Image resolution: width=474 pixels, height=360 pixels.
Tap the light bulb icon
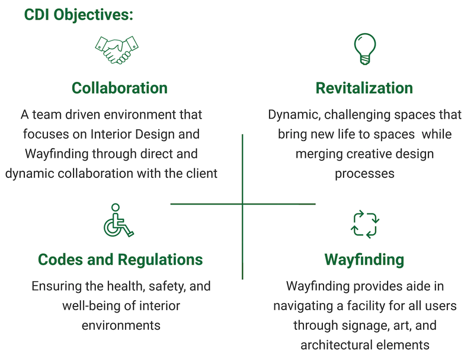coord(364,49)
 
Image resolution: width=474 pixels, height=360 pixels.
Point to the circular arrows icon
coord(365,224)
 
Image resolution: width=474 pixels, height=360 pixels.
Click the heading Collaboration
coord(120,88)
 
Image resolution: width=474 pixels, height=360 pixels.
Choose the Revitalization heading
coord(364,88)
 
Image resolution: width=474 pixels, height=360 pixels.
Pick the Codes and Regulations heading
coord(120,259)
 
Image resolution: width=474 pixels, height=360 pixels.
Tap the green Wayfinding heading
coord(364,259)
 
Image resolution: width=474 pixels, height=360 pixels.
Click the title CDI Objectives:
coord(78,14)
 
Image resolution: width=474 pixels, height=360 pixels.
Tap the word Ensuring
coord(57,286)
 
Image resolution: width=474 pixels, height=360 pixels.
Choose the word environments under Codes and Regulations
coord(120,326)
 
